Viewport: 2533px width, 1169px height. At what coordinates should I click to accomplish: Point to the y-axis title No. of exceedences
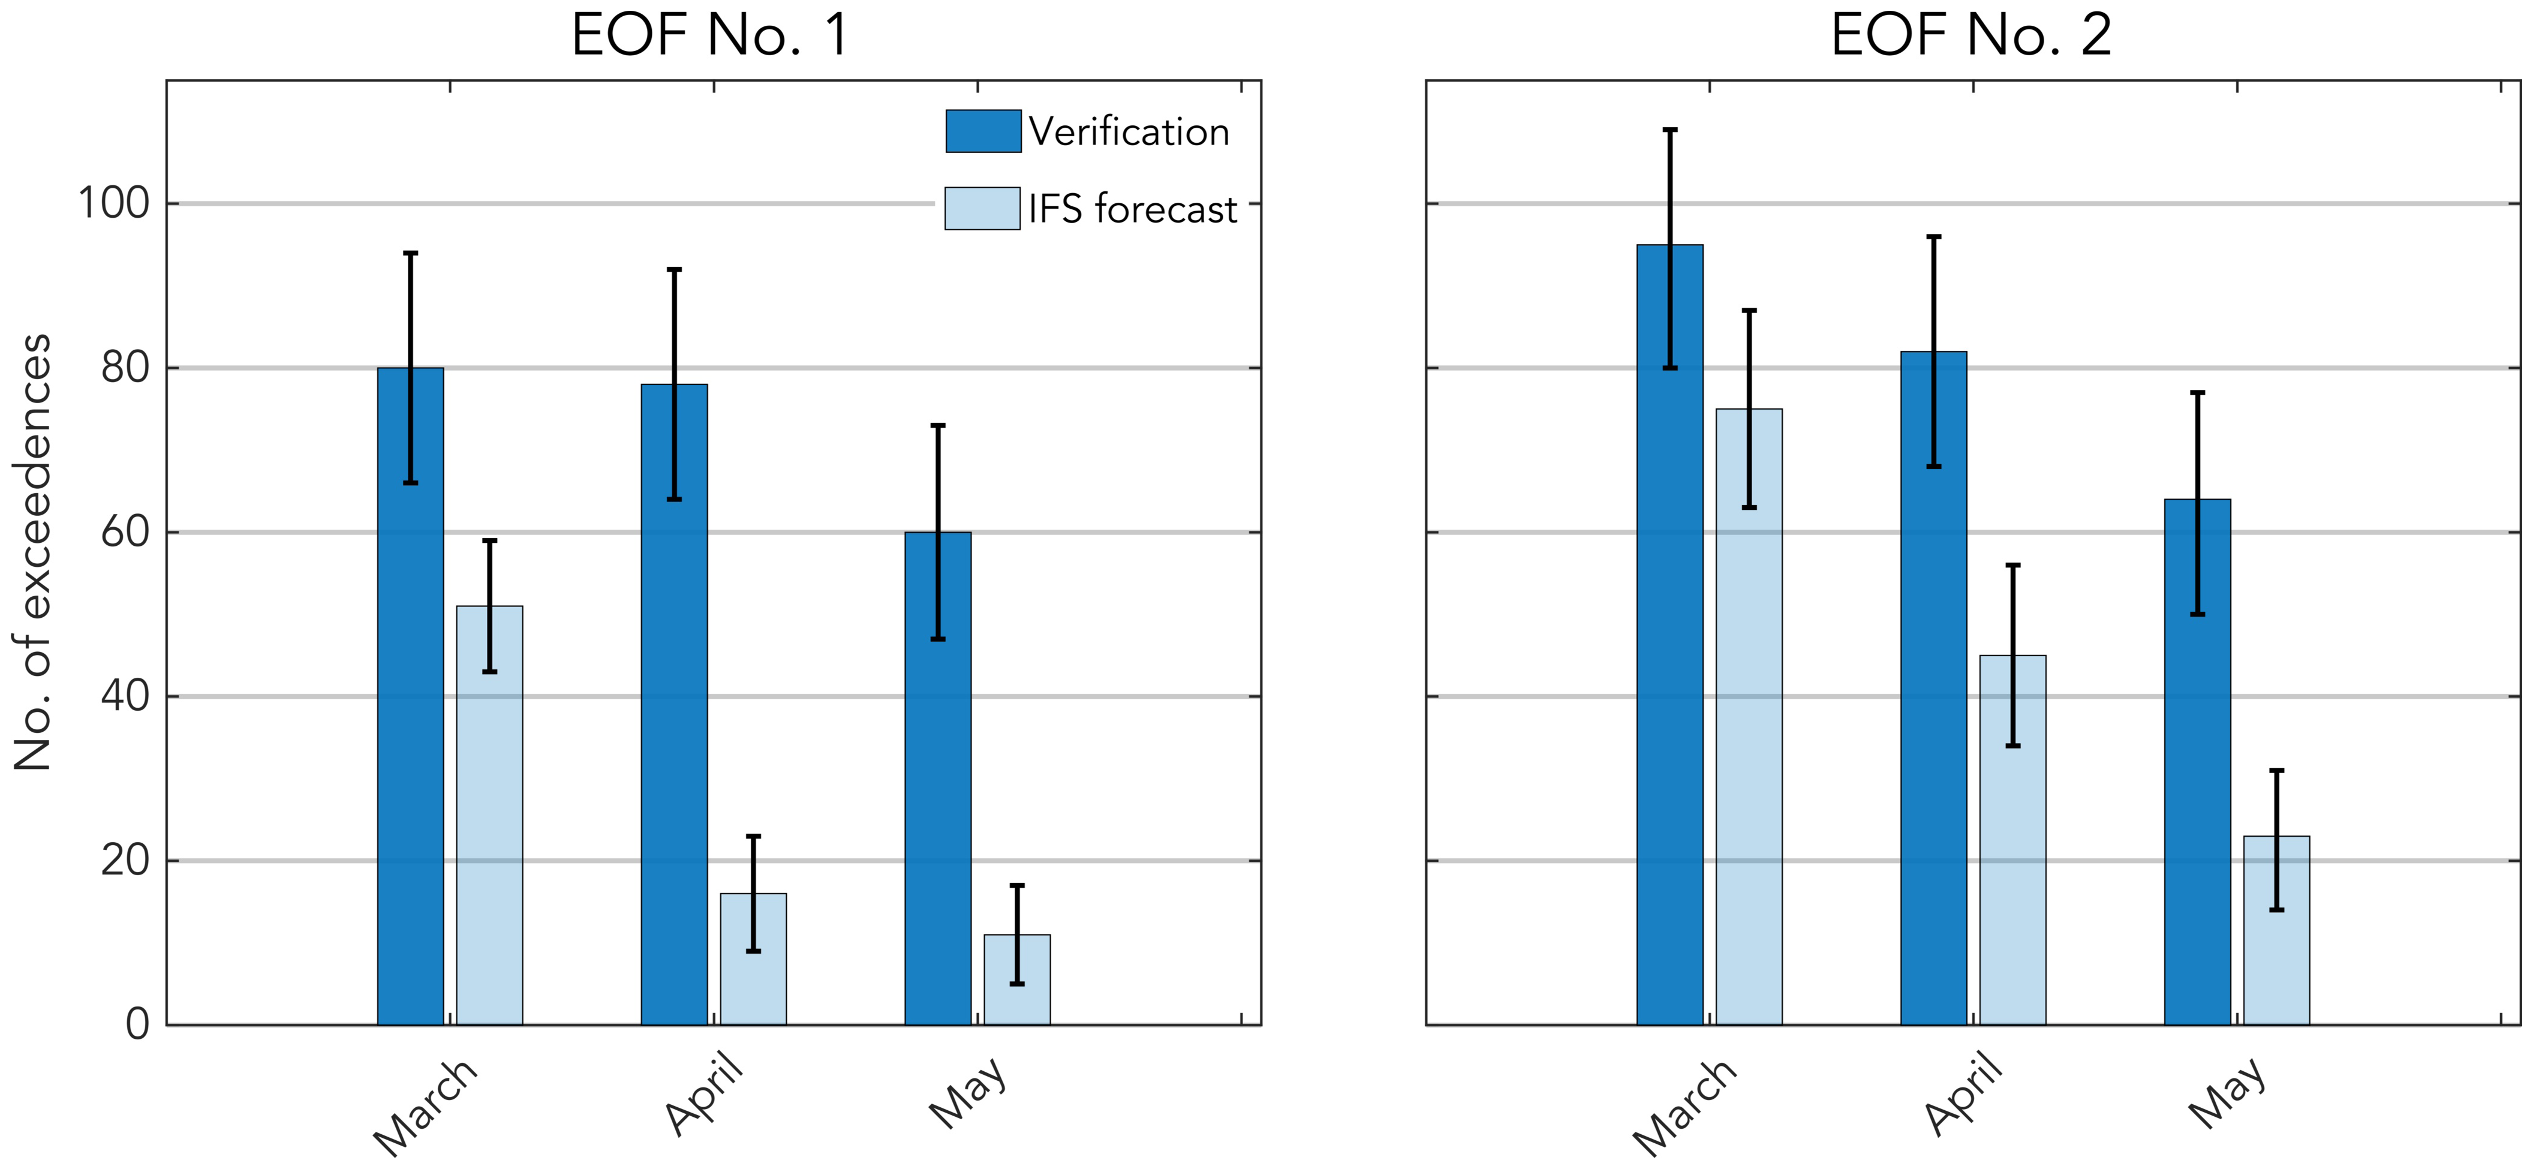(x=32, y=552)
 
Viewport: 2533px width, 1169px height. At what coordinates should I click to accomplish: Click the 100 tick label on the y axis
(x=113, y=203)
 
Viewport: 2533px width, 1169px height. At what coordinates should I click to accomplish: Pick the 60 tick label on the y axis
(x=125, y=532)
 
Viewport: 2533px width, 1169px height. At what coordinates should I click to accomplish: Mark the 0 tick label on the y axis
(x=138, y=1024)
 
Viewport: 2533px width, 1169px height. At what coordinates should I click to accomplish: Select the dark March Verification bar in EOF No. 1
(x=410, y=747)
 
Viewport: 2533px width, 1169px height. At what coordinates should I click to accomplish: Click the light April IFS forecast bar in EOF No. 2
(x=2013, y=865)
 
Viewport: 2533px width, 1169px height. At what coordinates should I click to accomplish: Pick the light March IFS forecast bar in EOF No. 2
(x=1749, y=747)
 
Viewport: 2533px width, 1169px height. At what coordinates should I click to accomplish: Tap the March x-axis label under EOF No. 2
(x=1684, y=1106)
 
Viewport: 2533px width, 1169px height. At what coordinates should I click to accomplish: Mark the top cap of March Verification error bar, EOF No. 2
(x=1669, y=130)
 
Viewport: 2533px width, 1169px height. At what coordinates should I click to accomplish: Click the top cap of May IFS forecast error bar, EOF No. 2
(x=2276, y=771)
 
